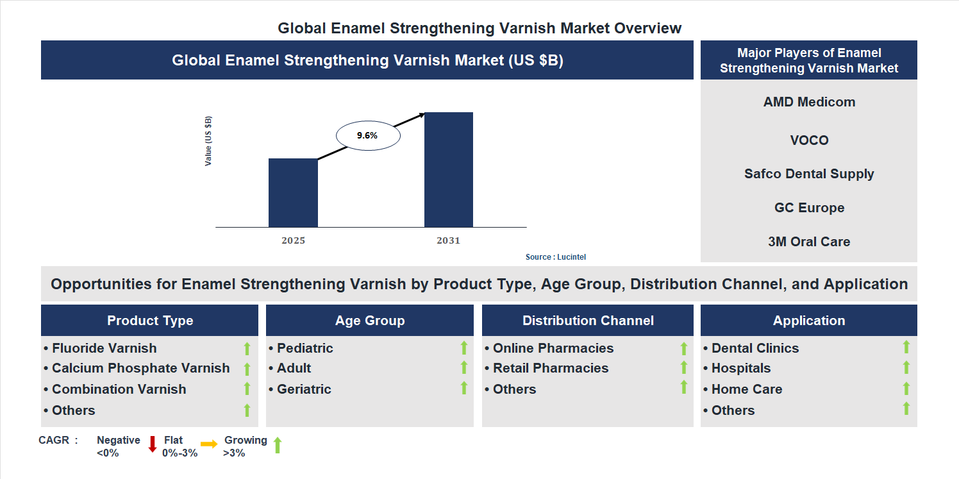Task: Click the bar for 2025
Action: (293, 192)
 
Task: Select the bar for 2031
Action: (449, 169)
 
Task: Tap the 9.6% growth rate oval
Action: (368, 135)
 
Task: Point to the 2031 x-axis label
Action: (448, 241)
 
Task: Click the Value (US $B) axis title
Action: (208, 141)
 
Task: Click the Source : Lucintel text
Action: (555, 257)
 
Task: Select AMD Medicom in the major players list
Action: (809, 102)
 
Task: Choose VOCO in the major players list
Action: (809, 140)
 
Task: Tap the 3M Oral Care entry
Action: (809, 242)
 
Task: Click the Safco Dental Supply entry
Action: (809, 174)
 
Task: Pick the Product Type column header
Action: (150, 321)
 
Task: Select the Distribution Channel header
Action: (588, 321)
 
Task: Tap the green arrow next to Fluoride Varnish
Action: (247, 348)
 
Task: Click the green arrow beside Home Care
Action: (906, 389)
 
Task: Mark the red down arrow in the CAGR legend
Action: (153, 444)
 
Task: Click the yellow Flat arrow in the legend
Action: (209, 444)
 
